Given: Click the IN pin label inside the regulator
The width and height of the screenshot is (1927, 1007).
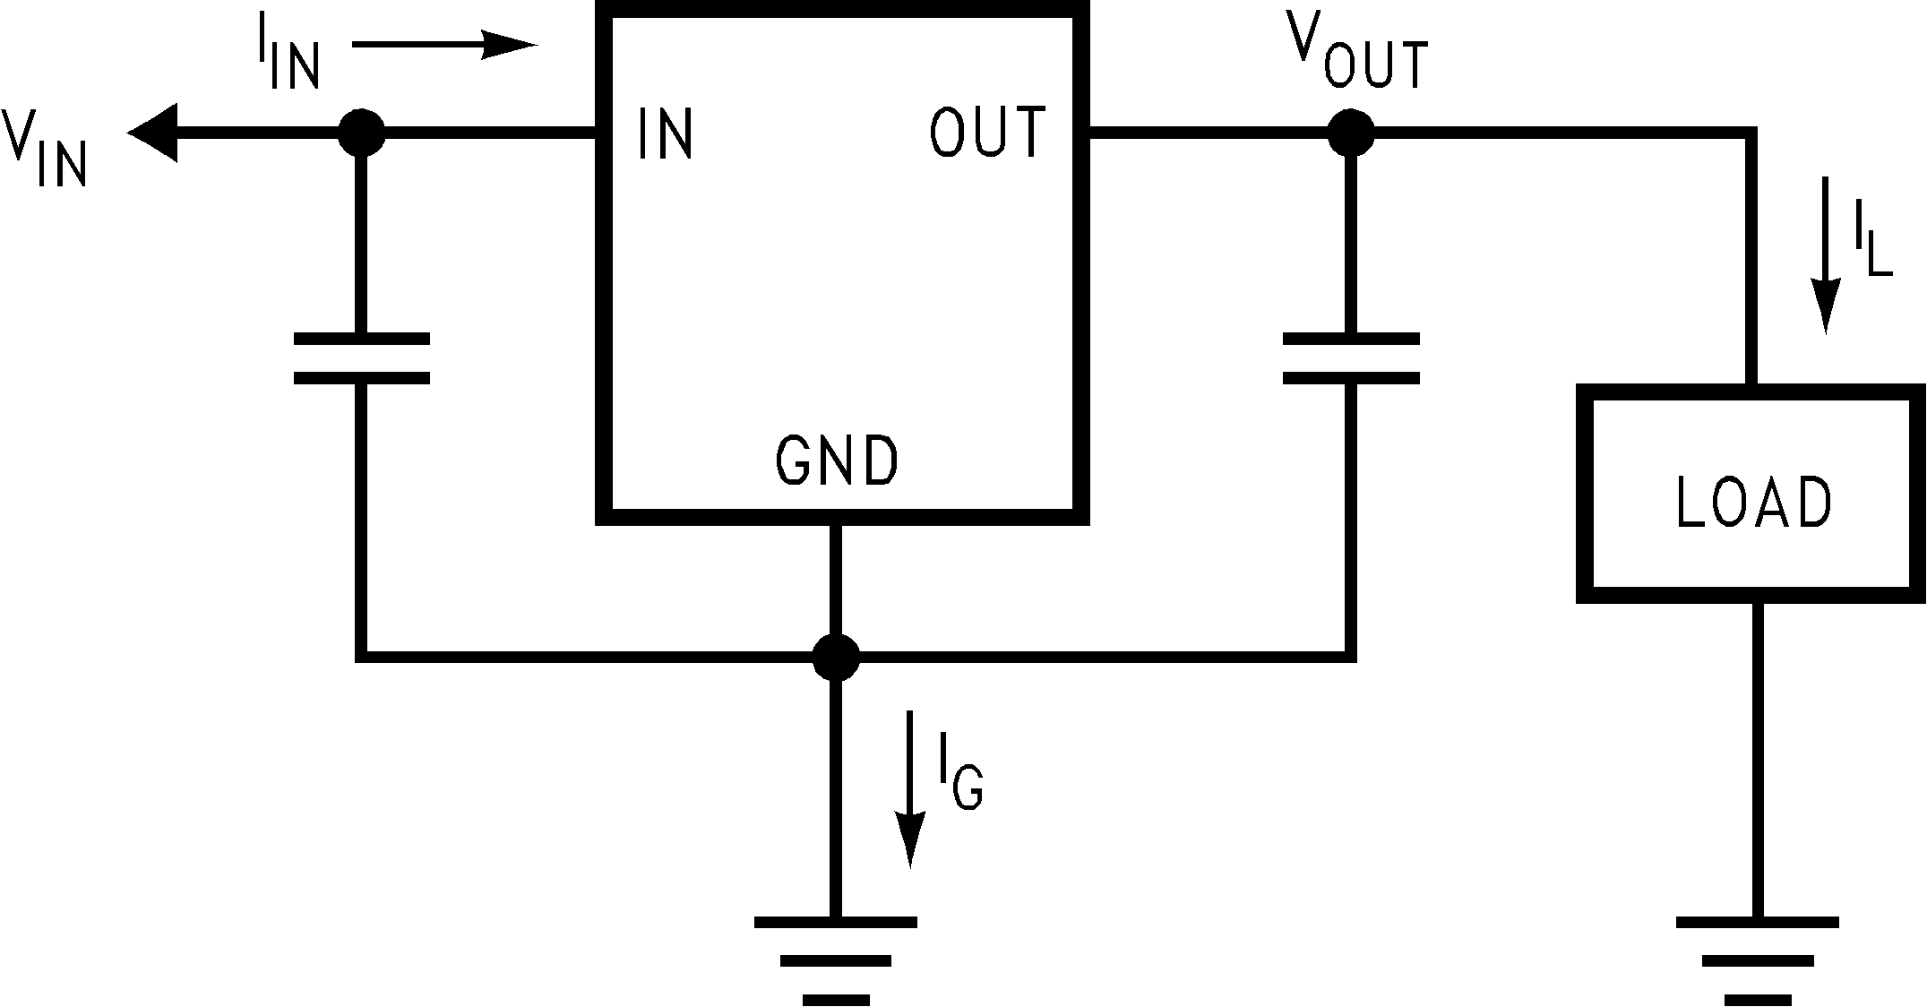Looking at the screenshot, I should (666, 133).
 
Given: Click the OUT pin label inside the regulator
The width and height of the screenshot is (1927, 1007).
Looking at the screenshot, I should (986, 133).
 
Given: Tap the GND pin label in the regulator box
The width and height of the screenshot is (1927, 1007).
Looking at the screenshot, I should (836, 461).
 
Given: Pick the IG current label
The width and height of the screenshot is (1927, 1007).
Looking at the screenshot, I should (959, 771).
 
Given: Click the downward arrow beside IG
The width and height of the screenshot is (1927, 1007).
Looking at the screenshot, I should (910, 788).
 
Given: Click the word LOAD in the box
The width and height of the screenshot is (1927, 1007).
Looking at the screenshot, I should (1753, 503).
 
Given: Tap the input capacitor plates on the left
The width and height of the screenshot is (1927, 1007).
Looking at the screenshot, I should (362, 358).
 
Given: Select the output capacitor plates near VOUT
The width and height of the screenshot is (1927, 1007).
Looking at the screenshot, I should (1351, 358).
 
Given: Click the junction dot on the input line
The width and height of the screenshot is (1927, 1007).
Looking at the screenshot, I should (362, 133).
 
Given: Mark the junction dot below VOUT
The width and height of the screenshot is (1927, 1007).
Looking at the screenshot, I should (1351, 133).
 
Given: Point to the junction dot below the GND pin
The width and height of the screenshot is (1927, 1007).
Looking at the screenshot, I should (836, 658).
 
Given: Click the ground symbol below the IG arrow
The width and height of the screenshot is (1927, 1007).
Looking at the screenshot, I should (836, 959).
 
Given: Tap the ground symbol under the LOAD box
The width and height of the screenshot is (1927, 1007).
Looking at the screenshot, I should (1757, 959).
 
